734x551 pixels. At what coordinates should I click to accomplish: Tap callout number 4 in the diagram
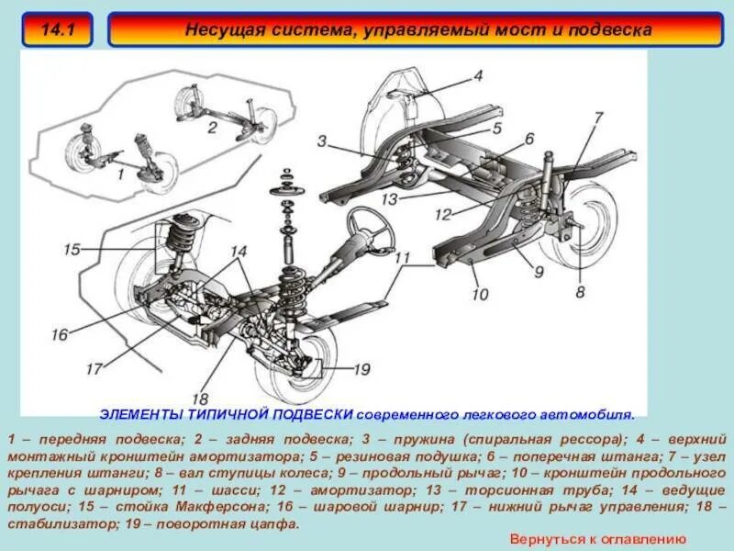[x=478, y=76]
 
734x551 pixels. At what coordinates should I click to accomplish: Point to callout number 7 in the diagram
[x=597, y=118]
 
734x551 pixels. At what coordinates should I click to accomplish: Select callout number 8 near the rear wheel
[x=579, y=293]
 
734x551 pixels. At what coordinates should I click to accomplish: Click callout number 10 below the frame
[x=479, y=296]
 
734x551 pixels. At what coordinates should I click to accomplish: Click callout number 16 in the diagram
[x=60, y=335]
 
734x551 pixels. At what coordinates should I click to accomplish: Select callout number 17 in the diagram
[x=93, y=369]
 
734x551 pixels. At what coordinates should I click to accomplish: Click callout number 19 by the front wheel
[x=361, y=369]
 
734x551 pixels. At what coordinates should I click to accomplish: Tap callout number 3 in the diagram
[x=322, y=141]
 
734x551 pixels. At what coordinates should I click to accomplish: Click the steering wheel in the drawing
[x=367, y=221]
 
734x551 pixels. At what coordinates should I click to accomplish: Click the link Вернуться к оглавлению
[x=597, y=539]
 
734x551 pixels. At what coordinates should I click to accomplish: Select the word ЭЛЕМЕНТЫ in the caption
[x=134, y=412]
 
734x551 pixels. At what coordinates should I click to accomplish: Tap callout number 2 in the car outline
[x=211, y=128]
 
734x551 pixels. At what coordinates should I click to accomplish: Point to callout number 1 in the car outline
[x=119, y=173]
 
